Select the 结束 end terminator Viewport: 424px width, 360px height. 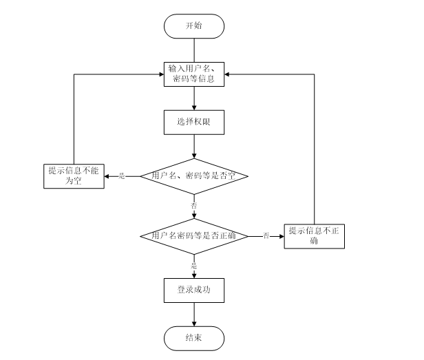click(x=193, y=337)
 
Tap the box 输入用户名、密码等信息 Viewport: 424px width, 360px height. click(x=193, y=74)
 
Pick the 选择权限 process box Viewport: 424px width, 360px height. click(x=193, y=122)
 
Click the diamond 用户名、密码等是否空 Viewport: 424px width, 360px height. click(x=193, y=176)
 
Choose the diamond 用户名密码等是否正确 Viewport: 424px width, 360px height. click(x=193, y=236)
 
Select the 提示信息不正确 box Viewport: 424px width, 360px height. click(x=313, y=236)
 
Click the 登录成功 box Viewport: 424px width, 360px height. click(x=193, y=290)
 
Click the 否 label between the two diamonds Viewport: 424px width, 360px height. click(x=193, y=206)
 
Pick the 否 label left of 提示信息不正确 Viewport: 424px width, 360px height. click(x=266, y=236)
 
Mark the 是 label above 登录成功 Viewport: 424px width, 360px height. click(x=193, y=265)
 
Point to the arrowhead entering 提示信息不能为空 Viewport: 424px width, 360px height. click(x=107, y=176)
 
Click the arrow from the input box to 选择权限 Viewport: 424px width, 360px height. click(x=193, y=98)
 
